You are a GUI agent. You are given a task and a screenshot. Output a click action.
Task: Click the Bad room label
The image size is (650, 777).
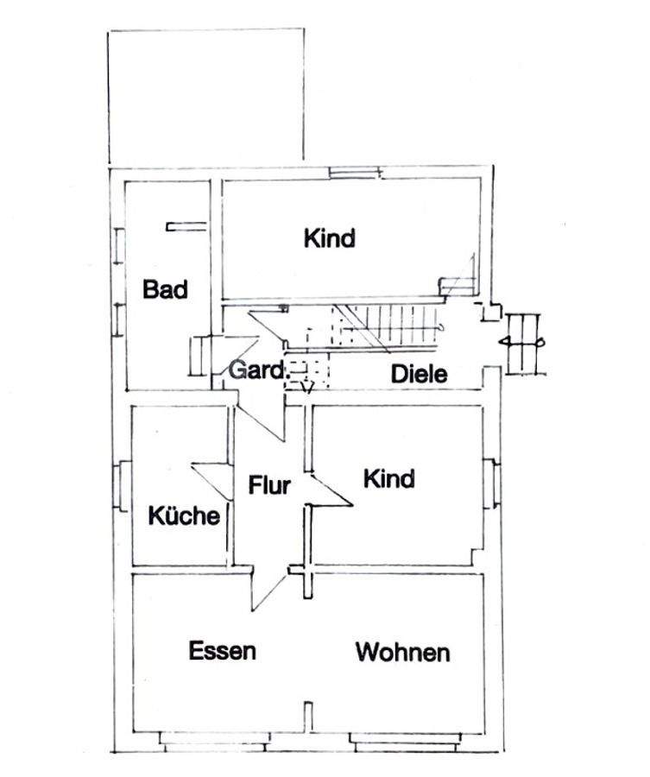pos(165,289)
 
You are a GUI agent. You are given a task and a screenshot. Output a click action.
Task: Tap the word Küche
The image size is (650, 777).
pos(184,516)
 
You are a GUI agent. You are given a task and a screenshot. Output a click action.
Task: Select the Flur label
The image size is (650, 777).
pos(269,485)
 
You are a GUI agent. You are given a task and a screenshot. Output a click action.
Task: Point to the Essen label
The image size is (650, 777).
pos(222,650)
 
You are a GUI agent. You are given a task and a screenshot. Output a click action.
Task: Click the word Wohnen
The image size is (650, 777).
pos(402,652)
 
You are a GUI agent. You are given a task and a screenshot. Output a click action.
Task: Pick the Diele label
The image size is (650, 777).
pos(419,375)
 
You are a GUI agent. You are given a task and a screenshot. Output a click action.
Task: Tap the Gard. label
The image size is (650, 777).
pos(256,371)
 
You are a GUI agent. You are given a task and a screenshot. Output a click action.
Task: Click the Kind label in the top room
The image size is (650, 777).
pos(329,237)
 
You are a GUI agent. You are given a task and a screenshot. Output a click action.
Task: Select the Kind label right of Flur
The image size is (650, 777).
pos(388,477)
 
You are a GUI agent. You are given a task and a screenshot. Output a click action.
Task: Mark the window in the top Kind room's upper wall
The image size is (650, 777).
pos(354,174)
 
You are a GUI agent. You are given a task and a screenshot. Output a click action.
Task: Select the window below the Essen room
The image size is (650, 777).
pos(217,738)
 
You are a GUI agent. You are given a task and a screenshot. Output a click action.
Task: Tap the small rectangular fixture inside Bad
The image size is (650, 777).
pos(186,227)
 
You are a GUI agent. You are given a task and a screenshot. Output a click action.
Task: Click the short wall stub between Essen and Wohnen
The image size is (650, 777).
pos(308,715)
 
